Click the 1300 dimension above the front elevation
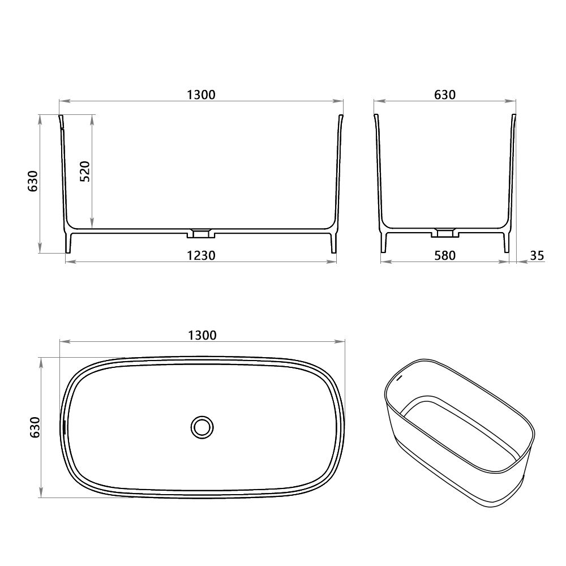[x=201, y=95]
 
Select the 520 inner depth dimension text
[x=85, y=170]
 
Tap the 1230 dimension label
[x=201, y=255]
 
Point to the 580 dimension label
[x=445, y=255]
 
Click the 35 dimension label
[x=537, y=255]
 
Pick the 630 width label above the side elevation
[x=445, y=95]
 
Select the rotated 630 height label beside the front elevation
[x=33, y=181]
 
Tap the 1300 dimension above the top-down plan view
[x=202, y=335]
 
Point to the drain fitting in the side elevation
[x=445, y=232]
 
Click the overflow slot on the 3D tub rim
[x=398, y=375]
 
